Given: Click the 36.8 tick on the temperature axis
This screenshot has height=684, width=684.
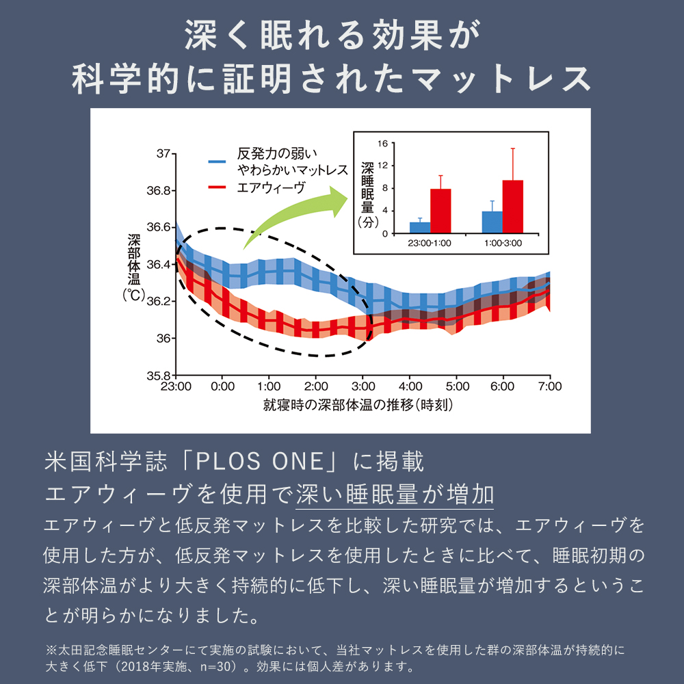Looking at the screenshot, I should [x=160, y=191].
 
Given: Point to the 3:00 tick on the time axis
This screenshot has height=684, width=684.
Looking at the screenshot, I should [x=363, y=386].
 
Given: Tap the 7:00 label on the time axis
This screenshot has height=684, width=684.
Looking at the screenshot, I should [x=549, y=386].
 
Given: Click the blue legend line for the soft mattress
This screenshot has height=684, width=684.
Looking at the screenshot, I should [x=218, y=161].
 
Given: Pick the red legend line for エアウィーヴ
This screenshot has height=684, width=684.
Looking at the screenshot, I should [x=218, y=187].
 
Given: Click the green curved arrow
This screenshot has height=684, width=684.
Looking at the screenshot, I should [x=294, y=212].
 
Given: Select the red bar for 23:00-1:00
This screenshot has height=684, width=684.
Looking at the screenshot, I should [x=440, y=211].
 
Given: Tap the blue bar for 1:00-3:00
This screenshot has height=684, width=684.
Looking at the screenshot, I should [x=492, y=222].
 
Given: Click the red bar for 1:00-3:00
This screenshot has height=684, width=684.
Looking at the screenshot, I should [x=512, y=207].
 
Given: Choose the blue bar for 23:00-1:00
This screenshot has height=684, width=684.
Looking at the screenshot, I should [x=420, y=227].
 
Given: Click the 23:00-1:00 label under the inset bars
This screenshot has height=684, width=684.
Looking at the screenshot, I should [x=430, y=243].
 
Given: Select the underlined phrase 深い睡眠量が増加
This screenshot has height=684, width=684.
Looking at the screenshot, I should [x=395, y=495].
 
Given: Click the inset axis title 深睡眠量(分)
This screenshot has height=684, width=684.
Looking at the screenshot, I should [x=367, y=194].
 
